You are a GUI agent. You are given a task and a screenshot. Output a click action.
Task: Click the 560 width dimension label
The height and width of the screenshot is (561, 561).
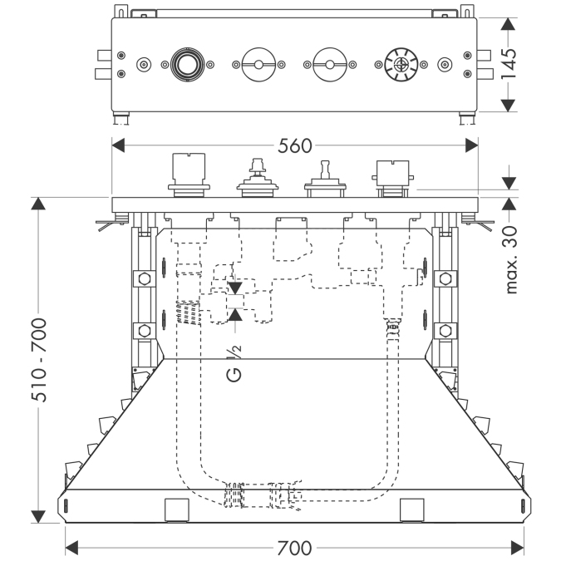pyautogui.click(x=295, y=146)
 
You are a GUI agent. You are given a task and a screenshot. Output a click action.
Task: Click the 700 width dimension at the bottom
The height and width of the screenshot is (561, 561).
pyautogui.click(x=294, y=549)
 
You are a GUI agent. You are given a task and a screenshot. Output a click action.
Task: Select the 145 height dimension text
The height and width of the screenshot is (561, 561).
pyautogui.click(x=509, y=64)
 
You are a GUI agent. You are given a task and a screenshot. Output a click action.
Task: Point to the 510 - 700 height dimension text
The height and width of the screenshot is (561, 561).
pyautogui.click(x=39, y=360)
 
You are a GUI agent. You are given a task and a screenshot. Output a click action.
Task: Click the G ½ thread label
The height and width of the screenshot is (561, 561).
pyautogui.click(x=234, y=363)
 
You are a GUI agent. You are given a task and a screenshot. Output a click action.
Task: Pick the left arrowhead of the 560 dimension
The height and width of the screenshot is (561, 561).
pyautogui.click(x=118, y=145)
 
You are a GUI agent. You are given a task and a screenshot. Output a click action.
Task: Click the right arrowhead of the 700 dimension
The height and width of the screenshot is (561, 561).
pyautogui.click(x=518, y=548)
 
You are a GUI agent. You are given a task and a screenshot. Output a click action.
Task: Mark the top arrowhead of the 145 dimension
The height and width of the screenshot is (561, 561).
pyautogui.click(x=508, y=24)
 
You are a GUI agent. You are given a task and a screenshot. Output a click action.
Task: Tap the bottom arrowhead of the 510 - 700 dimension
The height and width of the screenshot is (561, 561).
pyautogui.click(x=38, y=517)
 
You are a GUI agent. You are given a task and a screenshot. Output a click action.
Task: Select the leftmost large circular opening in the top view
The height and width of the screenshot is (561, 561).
pyautogui.click(x=187, y=64)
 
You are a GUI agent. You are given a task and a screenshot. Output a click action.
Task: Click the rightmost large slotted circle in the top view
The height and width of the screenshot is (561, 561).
pyautogui.click(x=401, y=65)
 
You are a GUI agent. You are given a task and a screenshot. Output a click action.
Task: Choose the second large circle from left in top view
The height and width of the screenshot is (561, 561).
pyautogui.click(x=258, y=64)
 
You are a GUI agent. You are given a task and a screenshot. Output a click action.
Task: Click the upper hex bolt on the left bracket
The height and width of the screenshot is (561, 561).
pyautogui.click(x=144, y=278)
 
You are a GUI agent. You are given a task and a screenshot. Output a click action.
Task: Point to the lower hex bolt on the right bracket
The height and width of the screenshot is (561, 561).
pyautogui.click(x=445, y=331)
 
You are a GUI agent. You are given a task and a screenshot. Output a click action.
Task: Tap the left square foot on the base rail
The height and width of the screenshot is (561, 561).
pyautogui.click(x=177, y=510)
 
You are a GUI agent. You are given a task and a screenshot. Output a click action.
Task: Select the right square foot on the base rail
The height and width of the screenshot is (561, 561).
pyautogui.click(x=411, y=510)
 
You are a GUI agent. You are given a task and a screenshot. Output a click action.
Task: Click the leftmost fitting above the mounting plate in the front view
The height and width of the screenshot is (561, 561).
pyautogui.click(x=189, y=175)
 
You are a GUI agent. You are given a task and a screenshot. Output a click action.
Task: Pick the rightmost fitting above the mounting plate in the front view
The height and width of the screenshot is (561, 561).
pyautogui.click(x=392, y=179)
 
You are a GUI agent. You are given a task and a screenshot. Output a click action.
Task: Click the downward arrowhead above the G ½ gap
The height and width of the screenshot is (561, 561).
pyautogui.click(x=235, y=288)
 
